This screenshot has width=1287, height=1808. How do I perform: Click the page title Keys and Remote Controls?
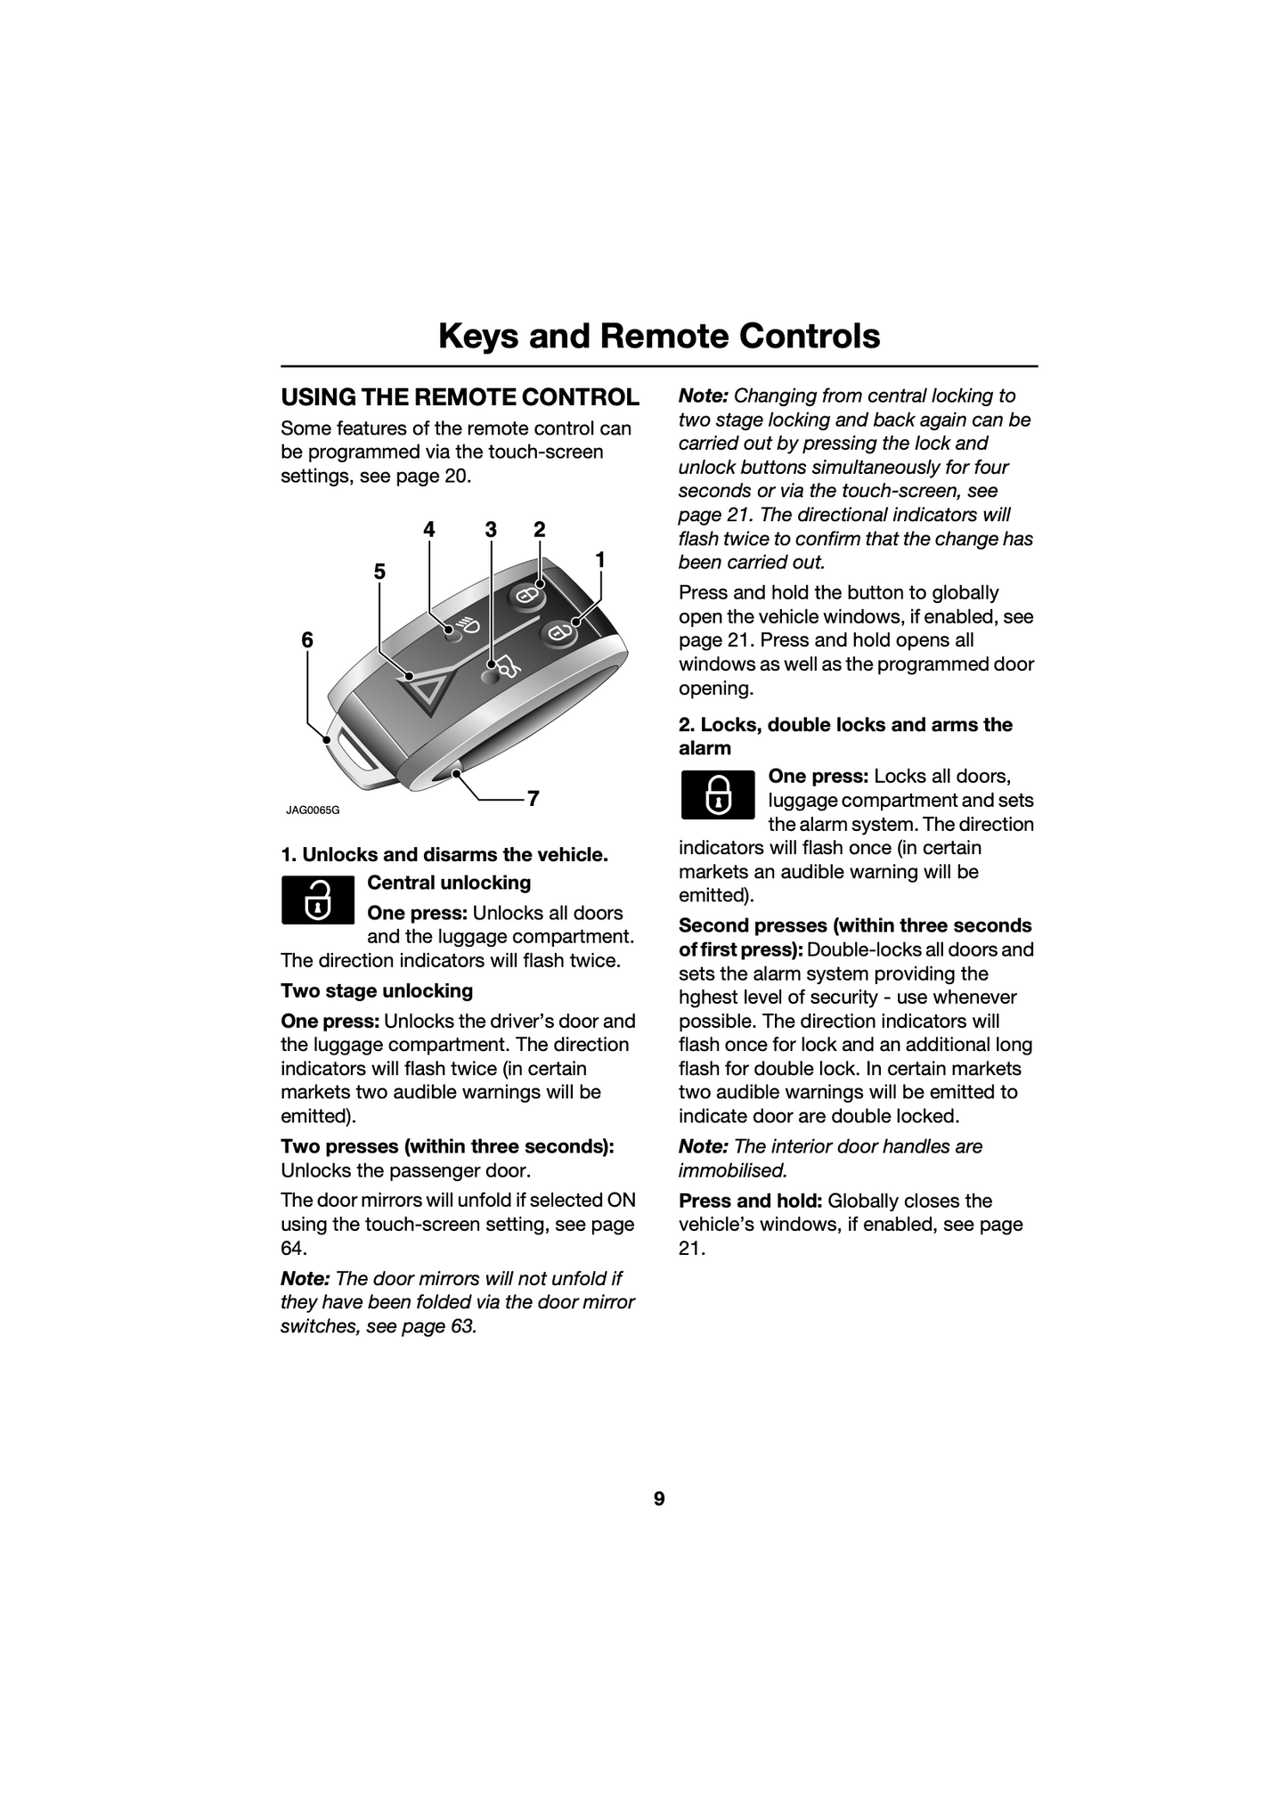[x=659, y=337]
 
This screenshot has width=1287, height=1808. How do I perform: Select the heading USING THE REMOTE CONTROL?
[x=460, y=397]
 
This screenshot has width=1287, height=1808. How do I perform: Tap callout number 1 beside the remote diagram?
[x=600, y=560]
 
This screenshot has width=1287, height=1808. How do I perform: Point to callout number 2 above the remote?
[x=539, y=530]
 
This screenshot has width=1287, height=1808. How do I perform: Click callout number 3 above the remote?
[x=491, y=530]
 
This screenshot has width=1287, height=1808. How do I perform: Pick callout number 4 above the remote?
[x=429, y=530]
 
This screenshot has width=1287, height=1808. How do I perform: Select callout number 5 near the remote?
[x=379, y=572]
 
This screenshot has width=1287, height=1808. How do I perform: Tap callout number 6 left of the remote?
[x=307, y=639]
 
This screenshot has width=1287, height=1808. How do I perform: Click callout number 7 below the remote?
[x=533, y=799]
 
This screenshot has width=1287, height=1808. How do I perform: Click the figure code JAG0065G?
[x=313, y=810]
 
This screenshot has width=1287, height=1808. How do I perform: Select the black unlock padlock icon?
[x=318, y=900]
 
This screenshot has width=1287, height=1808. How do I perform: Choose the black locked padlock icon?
[x=717, y=794]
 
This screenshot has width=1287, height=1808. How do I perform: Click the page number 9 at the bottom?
[x=659, y=1499]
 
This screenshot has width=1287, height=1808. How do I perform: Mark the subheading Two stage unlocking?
[x=377, y=991]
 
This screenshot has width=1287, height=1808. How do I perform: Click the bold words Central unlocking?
[x=449, y=883]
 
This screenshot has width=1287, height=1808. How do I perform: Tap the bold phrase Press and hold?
[x=750, y=1201]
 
